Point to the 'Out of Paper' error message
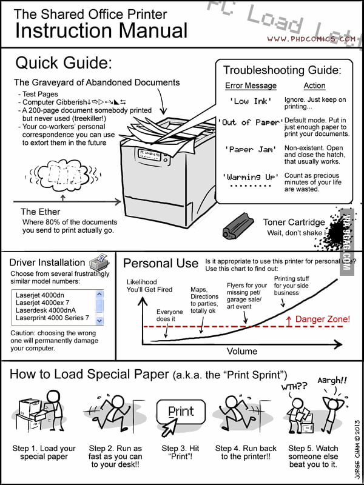coord(249,122)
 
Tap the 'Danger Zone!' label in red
coord(322,319)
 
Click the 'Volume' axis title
coord(242,351)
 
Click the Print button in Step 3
coord(181,412)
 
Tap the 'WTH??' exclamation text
coord(294,386)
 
